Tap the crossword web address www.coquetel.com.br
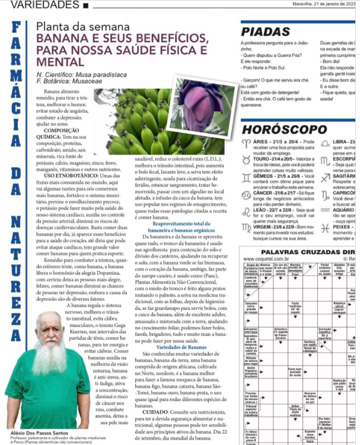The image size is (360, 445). tap(265, 259)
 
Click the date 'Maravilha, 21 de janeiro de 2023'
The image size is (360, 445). tap(326, 5)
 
